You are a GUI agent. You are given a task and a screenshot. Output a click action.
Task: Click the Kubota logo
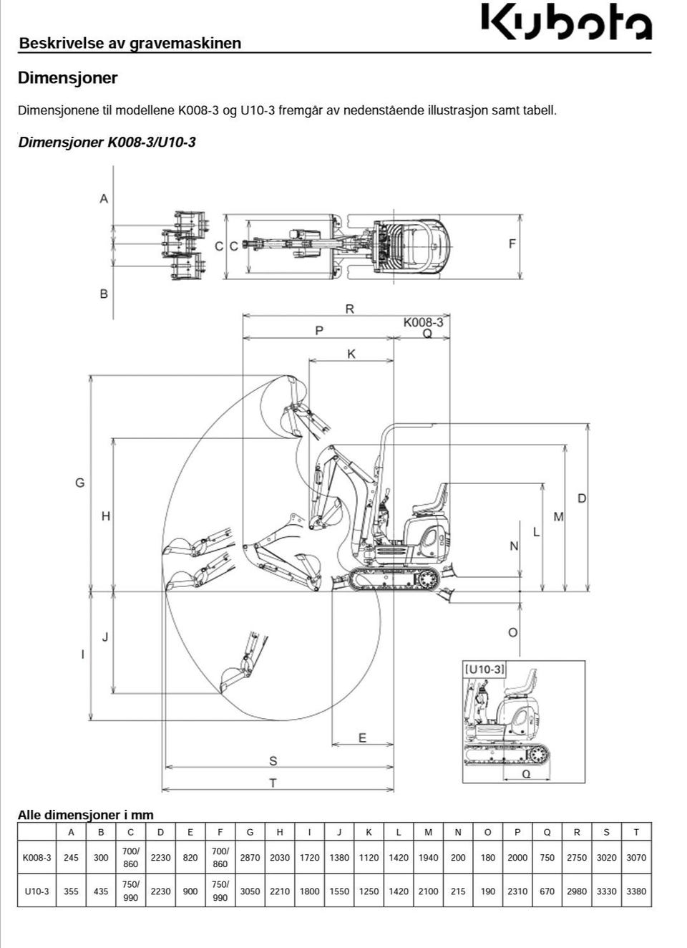[567, 22]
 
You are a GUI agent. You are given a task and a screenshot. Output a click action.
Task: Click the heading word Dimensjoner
[68, 78]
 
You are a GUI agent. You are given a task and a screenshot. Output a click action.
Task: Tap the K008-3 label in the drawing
[423, 322]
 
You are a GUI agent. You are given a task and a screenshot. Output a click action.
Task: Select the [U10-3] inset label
[484, 669]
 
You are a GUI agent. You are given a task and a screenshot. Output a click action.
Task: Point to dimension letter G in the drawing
[80, 483]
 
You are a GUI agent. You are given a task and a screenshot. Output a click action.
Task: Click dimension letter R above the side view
[349, 309]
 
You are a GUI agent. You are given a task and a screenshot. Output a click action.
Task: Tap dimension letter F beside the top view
[512, 243]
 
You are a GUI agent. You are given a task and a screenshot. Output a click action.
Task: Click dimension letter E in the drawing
[362, 738]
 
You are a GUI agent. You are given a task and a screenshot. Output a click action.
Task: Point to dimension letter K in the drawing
[351, 354]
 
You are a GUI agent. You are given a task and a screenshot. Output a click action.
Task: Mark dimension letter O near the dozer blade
[512, 633]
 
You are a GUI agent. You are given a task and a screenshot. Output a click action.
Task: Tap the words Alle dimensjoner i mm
[85, 815]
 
